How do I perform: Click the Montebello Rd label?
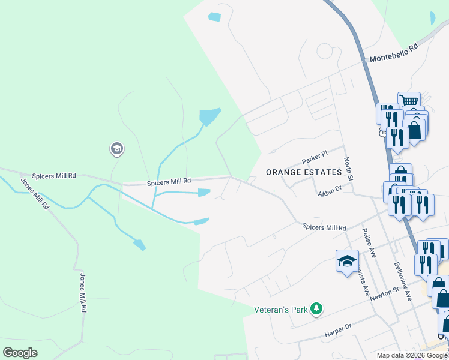pos(393,55)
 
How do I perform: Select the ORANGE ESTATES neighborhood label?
pos(304,172)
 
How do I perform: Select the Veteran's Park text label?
pos(280,310)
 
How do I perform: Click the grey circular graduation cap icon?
pos(117,149)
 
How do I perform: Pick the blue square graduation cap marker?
pos(347,261)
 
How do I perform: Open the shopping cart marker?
pos(409,101)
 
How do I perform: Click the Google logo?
pos(20,353)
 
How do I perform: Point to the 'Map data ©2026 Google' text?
pos(412,355)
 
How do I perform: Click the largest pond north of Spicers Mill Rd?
pos(209,116)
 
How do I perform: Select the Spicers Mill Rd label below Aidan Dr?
pos(324,227)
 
